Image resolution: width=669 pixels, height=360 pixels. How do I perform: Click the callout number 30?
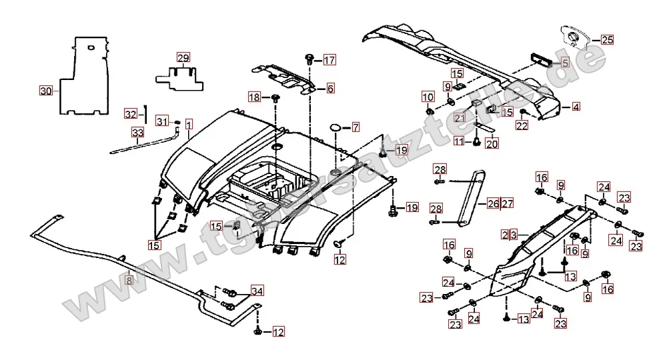click(x=45, y=91)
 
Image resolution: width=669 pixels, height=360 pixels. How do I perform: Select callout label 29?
click(x=183, y=57)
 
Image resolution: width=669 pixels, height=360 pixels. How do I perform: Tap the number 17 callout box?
click(x=329, y=60)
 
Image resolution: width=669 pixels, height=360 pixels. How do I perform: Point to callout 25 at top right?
click(x=606, y=39)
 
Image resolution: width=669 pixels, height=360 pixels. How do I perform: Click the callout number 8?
click(x=129, y=281)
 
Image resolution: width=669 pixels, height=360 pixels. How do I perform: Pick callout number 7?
click(x=355, y=127)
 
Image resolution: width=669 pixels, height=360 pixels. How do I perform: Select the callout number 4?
click(x=575, y=106)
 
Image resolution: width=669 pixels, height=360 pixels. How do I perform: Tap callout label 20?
click(x=491, y=141)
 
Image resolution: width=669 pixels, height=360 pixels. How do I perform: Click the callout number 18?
click(x=255, y=97)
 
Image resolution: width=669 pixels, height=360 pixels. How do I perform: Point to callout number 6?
click(x=330, y=88)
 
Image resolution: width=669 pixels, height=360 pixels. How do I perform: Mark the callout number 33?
click(x=137, y=133)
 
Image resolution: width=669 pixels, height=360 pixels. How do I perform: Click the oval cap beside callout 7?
click(x=336, y=127)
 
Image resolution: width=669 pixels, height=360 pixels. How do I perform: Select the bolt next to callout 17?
click(x=310, y=59)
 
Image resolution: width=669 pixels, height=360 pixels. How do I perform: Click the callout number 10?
click(x=427, y=97)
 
